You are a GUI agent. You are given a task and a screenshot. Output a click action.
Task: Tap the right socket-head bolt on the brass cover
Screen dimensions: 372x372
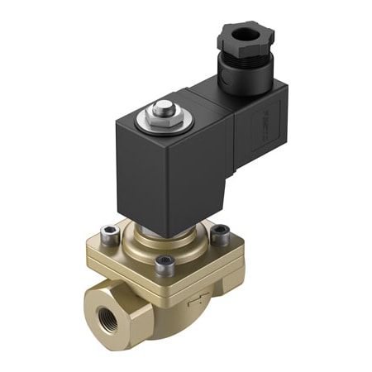[x=221, y=235]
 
